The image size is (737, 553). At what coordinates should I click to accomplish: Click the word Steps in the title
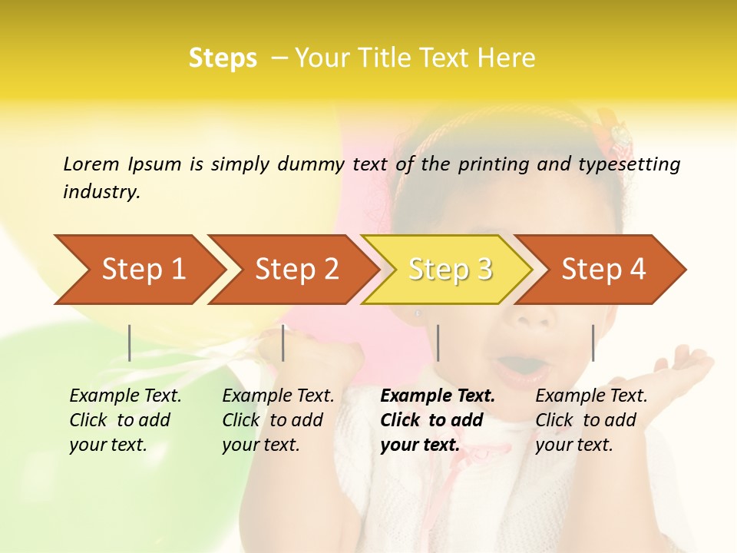click(x=223, y=58)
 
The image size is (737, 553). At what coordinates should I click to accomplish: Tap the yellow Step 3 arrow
click(x=450, y=270)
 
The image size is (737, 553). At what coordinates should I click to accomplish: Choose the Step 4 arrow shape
click(x=603, y=270)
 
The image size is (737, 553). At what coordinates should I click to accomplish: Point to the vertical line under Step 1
click(x=130, y=343)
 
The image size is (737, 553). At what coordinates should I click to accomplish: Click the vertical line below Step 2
click(x=283, y=343)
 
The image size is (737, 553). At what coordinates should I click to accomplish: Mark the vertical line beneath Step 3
click(x=438, y=343)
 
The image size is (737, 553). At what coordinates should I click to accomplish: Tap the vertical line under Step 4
click(x=593, y=343)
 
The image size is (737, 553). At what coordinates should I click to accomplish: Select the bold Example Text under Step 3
click(x=438, y=420)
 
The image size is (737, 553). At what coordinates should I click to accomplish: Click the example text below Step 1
click(x=125, y=420)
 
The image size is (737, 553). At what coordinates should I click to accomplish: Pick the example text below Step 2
click(x=278, y=420)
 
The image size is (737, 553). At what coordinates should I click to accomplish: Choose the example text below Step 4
click(x=591, y=420)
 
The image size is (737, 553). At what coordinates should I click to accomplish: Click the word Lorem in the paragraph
click(x=91, y=164)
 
